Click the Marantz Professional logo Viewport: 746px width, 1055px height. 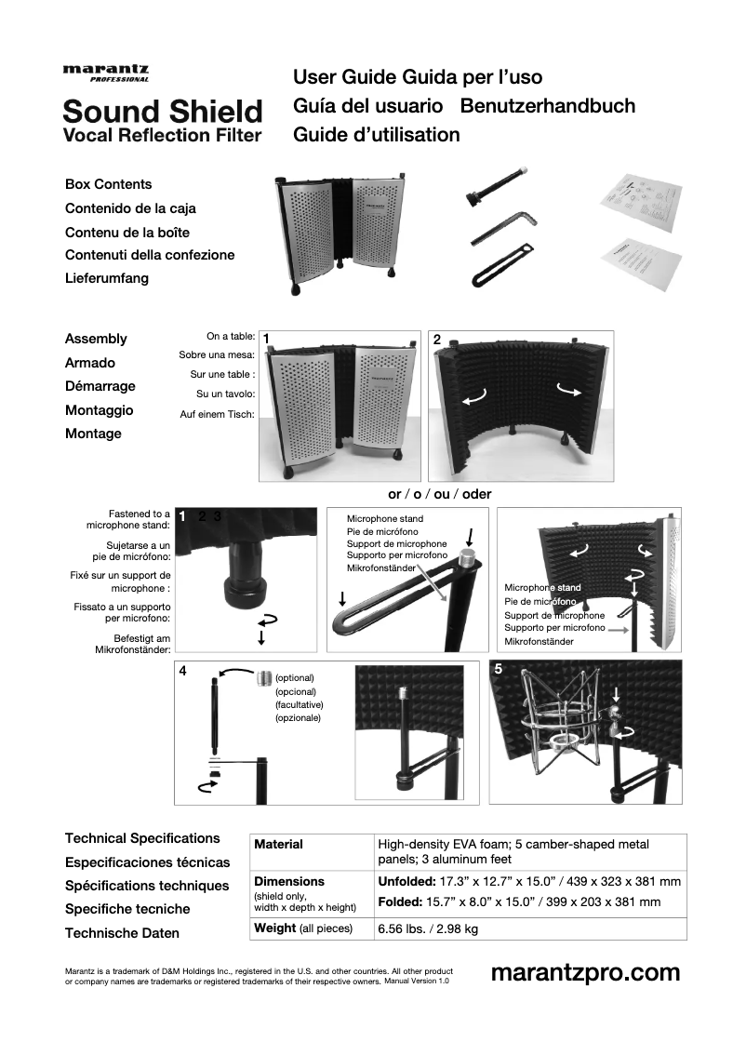(105, 73)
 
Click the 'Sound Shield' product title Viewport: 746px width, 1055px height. (162, 112)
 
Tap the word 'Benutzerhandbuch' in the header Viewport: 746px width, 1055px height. (548, 106)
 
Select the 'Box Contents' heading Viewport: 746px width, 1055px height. (108, 184)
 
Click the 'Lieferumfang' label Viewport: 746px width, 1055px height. (106, 278)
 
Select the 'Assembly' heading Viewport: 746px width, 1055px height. (96, 339)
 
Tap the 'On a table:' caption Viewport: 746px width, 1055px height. (231, 337)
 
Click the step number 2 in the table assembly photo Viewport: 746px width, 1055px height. (437, 340)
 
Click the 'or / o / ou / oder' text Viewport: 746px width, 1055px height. (439, 494)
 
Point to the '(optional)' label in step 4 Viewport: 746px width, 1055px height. (295, 678)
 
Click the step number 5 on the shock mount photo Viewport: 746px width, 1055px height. (499, 669)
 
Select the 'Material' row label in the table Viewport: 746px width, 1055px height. (278, 845)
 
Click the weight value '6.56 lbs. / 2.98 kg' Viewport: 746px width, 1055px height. (428, 928)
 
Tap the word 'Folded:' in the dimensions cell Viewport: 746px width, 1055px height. (400, 902)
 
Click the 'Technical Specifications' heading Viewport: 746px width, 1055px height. (142, 838)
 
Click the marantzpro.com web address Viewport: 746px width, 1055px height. (585, 973)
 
